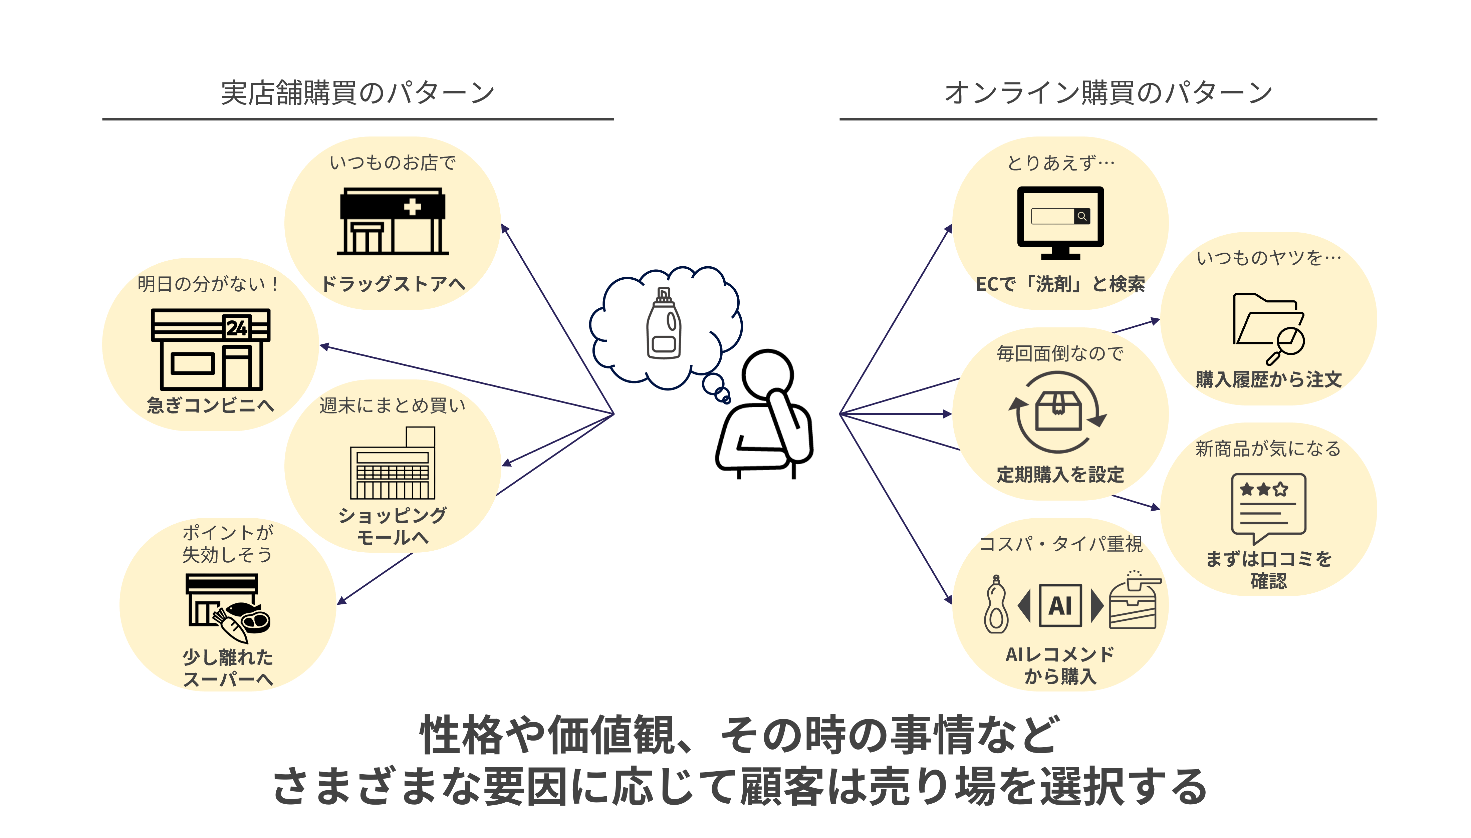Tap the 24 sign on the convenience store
tap(237, 327)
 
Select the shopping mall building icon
tap(393, 463)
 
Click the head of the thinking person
tap(768, 375)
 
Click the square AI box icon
tap(1060, 605)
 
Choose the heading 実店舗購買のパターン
tap(357, 93)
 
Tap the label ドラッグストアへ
tap(393, 284)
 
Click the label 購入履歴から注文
tap(1268, 379)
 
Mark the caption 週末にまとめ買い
tap(393, 406)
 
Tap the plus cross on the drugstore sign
tap(412, 207)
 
